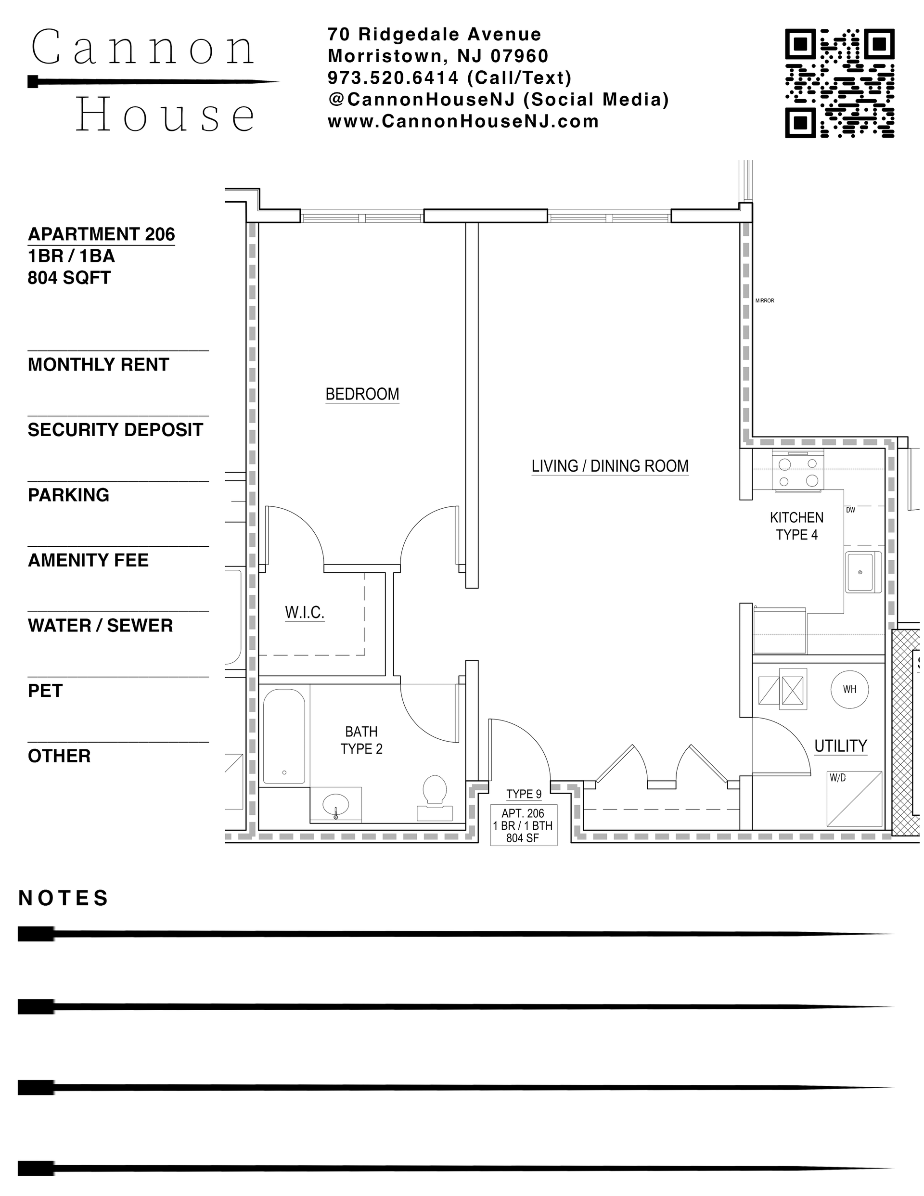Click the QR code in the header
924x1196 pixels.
tap(839, 83)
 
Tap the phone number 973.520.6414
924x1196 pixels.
tap(393, 78)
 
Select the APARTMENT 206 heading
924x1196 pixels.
tap(102, 234)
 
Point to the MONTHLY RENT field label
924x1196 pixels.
tap(99, 365)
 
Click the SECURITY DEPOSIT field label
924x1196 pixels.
tap(115, 430)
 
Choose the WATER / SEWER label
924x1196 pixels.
tap(100, 625)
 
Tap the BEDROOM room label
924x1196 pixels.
tap(362, 394)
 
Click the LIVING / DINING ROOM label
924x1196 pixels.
tap(610, 466)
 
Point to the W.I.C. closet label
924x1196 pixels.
tap(305, 612)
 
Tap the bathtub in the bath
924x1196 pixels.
tap(284, 736)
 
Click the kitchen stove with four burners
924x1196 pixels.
tap(798, 469)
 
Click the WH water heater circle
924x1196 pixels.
tap(849, 690)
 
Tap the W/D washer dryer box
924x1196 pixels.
tap(854, 799)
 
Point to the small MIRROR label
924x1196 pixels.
tap(765, 301)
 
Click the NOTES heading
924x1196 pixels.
tap(64, 899)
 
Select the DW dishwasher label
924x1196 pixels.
tap(850, 510)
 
